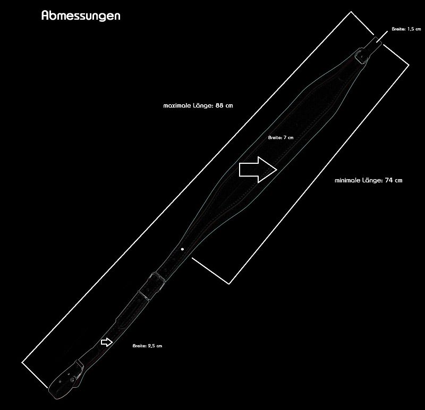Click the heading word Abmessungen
pos(81,16)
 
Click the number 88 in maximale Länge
pos(219,105)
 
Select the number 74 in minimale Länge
pos(388,180)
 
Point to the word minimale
pos(347,180)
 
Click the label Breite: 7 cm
pos(281,138)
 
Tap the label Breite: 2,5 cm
pos(147,346)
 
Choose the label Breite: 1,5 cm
pos(406,29)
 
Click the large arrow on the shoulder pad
pos(258,170)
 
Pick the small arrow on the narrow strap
pos(107,342)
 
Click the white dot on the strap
pos(182,249)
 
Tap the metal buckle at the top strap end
pos(361,56)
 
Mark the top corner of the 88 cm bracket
pos(351,12)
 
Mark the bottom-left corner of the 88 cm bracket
pos(22,362)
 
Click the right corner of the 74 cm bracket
pos(409,65)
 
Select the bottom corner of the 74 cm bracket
pos(229,284)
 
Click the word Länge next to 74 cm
pos(372,180)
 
